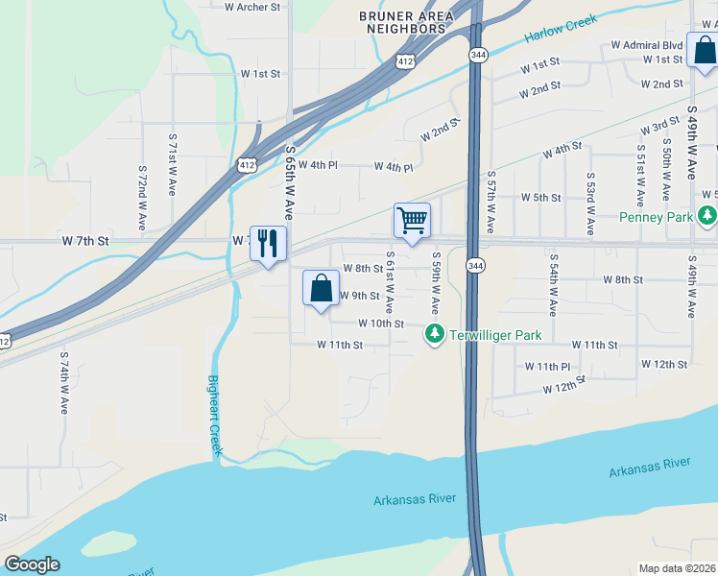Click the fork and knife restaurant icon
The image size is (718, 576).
[268, 243]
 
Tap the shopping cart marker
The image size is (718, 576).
[412, 221]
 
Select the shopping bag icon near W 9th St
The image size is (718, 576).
[321, 288]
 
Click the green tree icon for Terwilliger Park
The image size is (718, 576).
[435, 333]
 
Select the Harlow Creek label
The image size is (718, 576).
[561, 29]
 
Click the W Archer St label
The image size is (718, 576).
[251, 7]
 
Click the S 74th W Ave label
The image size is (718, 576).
[64, 382]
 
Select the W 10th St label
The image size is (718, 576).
[380, 324]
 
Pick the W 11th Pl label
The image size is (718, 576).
[547, 367]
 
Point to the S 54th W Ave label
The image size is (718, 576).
[553, 285]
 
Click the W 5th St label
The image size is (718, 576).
[540, 197]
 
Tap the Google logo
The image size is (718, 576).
[32, 564]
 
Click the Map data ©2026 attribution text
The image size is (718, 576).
[677, 568]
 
